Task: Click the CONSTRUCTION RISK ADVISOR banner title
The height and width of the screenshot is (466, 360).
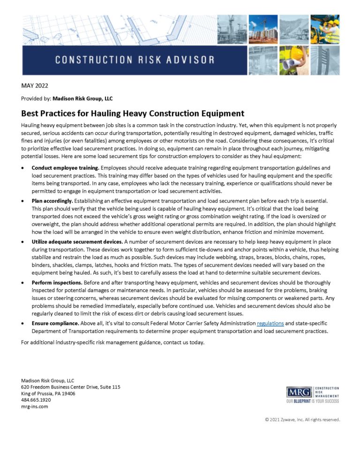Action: tap(135, 60)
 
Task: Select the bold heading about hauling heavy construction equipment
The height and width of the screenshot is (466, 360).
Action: tap(133, 113)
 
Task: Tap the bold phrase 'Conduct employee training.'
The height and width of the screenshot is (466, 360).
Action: tap(65, 167)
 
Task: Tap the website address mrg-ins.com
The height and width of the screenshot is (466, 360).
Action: tap(34, 406)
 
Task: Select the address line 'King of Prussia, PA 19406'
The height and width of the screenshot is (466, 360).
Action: tap(48, 393)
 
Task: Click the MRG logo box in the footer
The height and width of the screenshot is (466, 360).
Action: tap(298, 392)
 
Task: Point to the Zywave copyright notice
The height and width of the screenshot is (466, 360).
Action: tap(302, 420)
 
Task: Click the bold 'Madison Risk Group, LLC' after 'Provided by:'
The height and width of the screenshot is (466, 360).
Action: tap(82, 98)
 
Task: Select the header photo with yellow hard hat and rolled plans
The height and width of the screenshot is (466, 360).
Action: tap(294, 60)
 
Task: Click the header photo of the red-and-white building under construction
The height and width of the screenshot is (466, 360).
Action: tap(263, 29)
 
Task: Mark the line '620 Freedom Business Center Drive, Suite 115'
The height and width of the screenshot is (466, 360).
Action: tap(71, 387)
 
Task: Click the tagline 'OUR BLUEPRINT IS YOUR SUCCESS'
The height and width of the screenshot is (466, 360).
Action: tap(312, 401)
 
